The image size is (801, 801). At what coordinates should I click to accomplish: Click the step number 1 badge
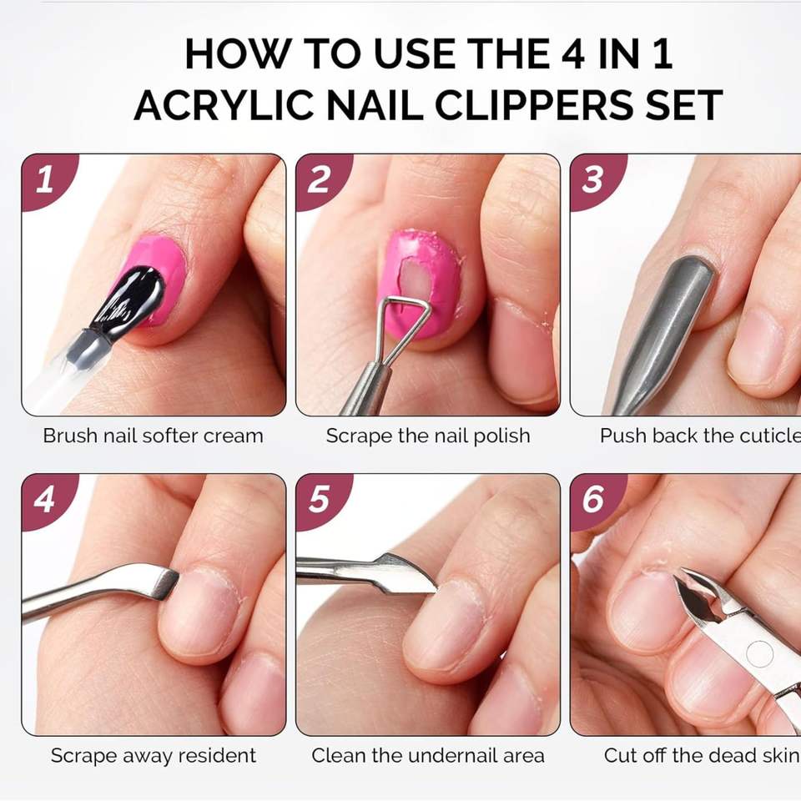pos(47,180)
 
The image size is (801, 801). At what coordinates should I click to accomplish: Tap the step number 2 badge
pos(320,180)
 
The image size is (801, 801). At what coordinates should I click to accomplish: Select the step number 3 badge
pos(595,180)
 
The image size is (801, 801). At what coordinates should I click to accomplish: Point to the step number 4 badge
pos(47,500)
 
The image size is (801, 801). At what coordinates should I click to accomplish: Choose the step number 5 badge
pos(320,500)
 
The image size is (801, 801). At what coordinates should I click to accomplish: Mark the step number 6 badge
pos(595,500)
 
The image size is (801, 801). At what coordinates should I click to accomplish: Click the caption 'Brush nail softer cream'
pos(154,436)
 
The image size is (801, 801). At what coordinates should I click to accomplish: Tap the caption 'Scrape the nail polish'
pos(428,436)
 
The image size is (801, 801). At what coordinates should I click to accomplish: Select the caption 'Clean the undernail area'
pos(428,756)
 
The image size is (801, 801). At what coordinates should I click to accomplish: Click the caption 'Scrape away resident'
pos(154,756)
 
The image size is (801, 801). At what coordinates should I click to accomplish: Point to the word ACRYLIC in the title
pos(224,105)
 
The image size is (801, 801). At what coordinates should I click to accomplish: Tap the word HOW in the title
pos(238,53)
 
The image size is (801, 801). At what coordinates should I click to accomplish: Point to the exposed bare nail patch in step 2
pos(414,280)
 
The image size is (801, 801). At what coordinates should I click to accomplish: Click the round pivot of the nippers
pos(759,654)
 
